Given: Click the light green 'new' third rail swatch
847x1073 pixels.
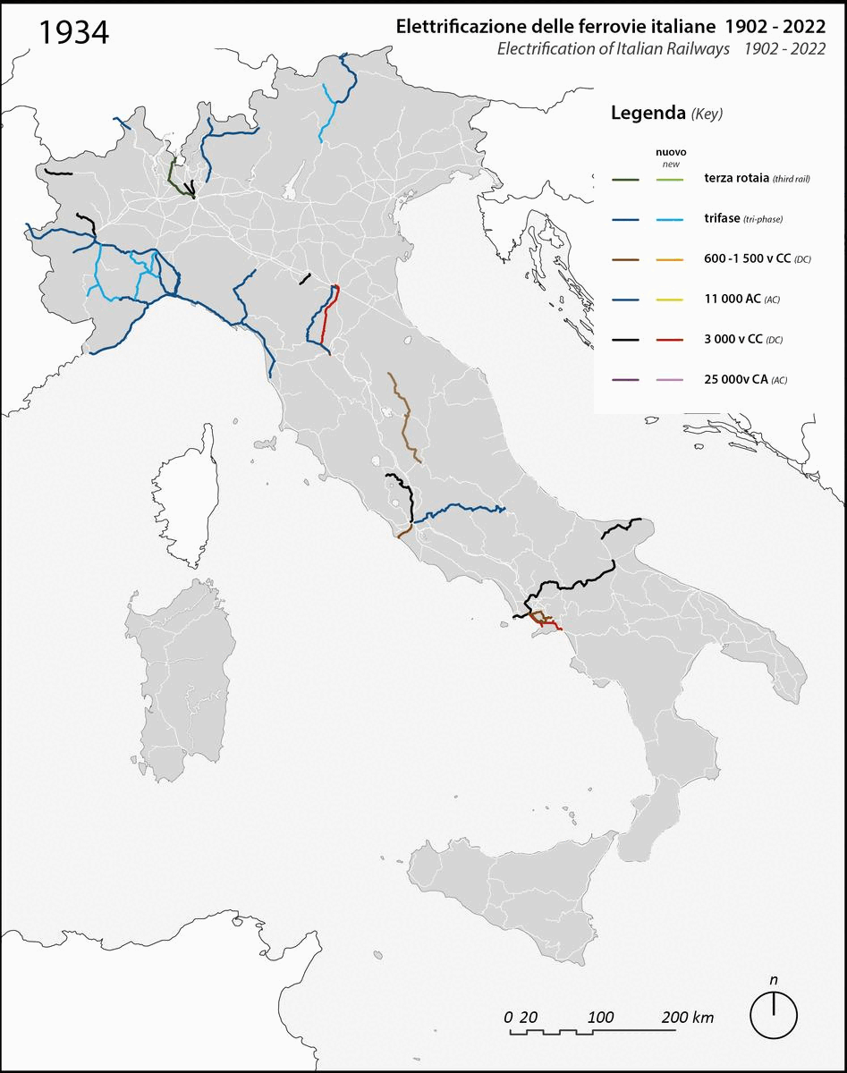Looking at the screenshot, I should tap(673, 179).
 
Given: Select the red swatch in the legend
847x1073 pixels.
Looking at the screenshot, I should tap(673, 340).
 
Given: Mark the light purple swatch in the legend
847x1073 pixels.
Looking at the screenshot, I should tap(673, 380).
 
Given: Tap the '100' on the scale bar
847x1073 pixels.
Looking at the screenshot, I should tap(601, 1018).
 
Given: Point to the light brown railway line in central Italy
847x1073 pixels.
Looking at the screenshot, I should tap(405, 417).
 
